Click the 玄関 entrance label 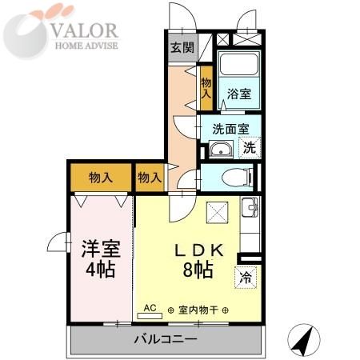coord(182,47)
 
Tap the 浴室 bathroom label coord(238,94)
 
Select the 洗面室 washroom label coord(230,127)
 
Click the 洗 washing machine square coord(250,147)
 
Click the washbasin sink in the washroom coord(221,149)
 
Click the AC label coord(150,306)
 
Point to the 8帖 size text coord(197,270)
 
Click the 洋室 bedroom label coord(99,247)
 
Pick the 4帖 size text coord(99,269)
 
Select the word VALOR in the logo coord(85,30)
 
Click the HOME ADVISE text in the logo coord(85,46)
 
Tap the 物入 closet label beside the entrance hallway coord(206,82)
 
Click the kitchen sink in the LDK coord(249,210)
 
